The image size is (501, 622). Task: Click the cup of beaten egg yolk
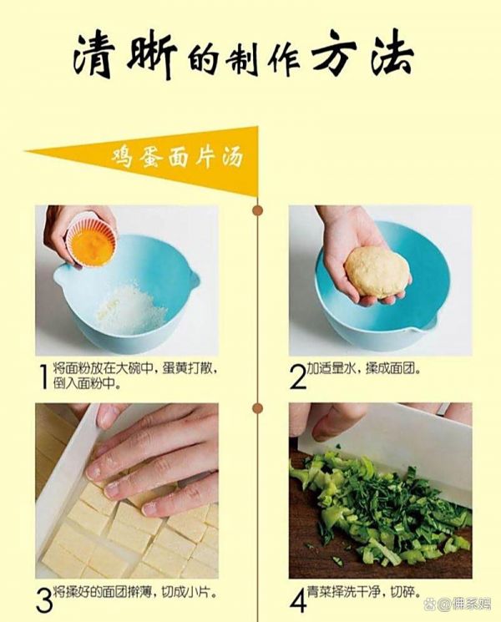[x=93, y=240]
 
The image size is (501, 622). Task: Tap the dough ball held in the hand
[x=377, y=272]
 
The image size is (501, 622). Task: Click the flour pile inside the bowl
[x=132, y=308]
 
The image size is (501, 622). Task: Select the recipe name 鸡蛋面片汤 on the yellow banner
[x=177, y=159]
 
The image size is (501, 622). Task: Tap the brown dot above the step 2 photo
[x=258, y=210]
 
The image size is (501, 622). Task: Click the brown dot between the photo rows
[x=258, y=407]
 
